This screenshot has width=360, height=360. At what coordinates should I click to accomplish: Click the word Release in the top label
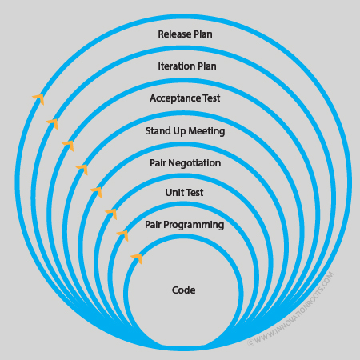point(174,34)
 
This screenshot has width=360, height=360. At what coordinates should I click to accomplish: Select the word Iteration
point(175,66)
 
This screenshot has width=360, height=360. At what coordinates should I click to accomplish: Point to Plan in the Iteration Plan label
point(206,66)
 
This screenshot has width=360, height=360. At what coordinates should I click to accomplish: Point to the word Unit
point(174,193)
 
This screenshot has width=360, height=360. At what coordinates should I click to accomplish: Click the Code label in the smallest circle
point(184,290)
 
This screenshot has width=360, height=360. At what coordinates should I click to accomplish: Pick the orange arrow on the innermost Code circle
point(137,258)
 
